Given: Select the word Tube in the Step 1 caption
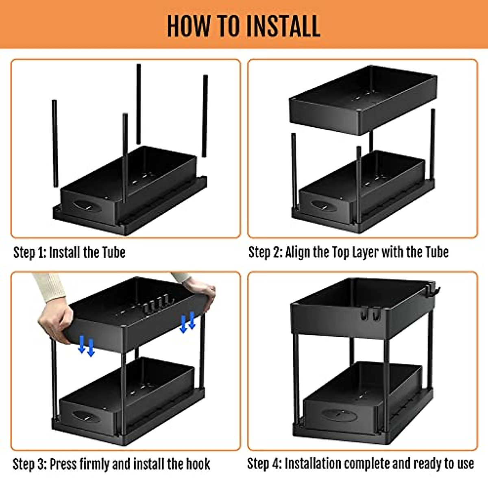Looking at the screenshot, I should click(x=113, y=253).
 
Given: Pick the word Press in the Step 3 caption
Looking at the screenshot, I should click(x=63, y=464).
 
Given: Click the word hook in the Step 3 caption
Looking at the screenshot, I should click(x=198, y=464).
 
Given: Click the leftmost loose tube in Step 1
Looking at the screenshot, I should click(x=54, y=143).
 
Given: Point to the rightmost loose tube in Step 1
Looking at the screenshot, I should click(x=205, y=116).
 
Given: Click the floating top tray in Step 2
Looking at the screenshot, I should click(x=362, y=104).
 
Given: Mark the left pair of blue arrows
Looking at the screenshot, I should click(x=86, y=346).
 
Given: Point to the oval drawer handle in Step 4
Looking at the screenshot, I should click(x=340, y=416).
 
